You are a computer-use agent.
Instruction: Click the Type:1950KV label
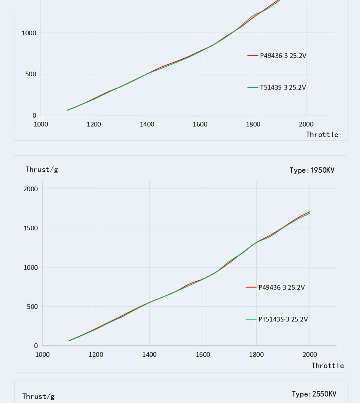click(312, 170)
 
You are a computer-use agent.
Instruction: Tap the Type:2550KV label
click(314, 394)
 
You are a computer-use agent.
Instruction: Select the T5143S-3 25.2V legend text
click(283, 88)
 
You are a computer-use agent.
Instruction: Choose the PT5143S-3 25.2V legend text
click(283, 319)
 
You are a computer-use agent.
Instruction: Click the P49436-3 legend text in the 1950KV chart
click(281, 288)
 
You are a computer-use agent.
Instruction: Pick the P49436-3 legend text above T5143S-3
click(283, 56)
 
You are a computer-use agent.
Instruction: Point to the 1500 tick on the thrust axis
click(31, 228)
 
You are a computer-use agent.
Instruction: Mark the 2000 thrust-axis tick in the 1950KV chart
click(31, 189)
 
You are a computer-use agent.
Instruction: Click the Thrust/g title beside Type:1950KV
click(42, 170)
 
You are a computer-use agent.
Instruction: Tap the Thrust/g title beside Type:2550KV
click(38, 396)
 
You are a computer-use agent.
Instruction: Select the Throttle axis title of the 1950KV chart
click(328, 366)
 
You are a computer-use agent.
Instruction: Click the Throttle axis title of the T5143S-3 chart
click(322, 135)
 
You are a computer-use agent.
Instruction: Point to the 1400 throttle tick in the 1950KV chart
click(149, 354)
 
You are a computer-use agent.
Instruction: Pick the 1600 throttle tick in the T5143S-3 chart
click(200, 124)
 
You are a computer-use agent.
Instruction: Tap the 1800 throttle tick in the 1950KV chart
click(256, 354)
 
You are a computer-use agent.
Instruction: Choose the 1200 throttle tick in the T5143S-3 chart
click(94, 124)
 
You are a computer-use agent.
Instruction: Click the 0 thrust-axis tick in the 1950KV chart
click(36, 346)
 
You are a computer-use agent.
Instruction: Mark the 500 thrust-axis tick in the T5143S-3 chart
click(31, 74)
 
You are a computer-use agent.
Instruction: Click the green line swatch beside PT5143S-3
click(251, 319)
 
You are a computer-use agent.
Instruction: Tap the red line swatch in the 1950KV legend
click(251, 287)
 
